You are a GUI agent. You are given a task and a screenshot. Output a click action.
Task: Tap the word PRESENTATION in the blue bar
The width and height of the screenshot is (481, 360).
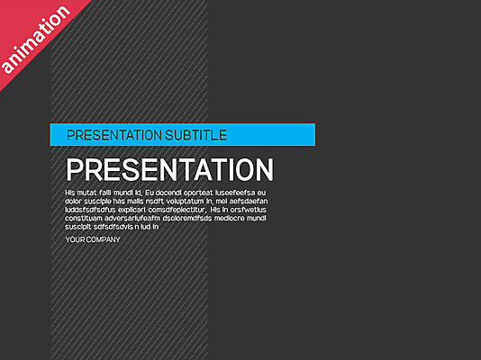[x=113, y=135]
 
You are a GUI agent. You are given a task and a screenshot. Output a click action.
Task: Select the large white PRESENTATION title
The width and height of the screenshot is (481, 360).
[x=170, y=170]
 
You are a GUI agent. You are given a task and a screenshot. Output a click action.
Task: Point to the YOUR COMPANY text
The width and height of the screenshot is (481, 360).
[x=93, y=240]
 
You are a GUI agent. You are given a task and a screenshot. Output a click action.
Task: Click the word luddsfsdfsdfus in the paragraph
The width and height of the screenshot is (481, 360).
[x=90, y=210]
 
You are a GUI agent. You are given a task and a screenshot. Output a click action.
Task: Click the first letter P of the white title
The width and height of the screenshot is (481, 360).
[x=76, y=170]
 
